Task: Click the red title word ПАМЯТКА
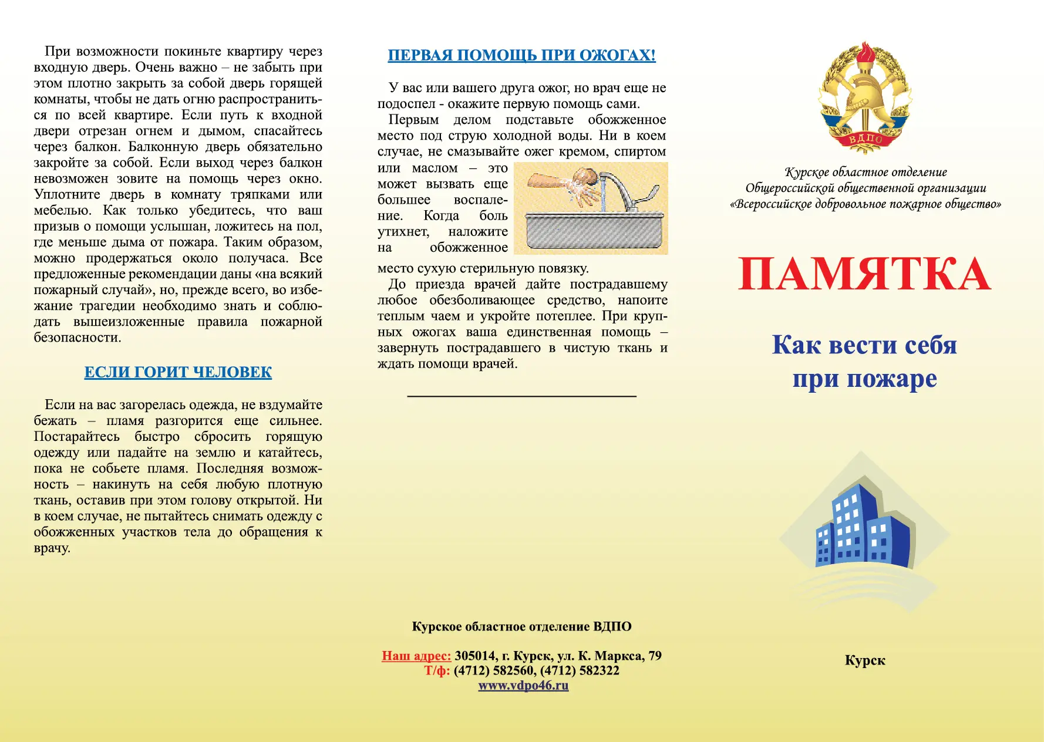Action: click(x=864, y=274)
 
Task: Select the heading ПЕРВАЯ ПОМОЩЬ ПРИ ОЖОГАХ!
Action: click(x=521, y=55)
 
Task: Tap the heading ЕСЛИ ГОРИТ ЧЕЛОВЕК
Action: click(x=178, y=372)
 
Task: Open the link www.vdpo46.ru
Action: click(x=523, y=685)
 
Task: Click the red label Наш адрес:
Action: click(x=416, y=656)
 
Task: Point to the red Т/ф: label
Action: click(x=437, y=670)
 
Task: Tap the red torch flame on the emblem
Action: click(x=865, y=53)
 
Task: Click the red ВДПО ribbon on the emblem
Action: click(x=865, y=140)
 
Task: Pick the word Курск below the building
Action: click(x=865, y=660)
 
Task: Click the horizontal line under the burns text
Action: click(x=521, y=396)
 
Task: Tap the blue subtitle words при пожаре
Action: click(x=864, y=379)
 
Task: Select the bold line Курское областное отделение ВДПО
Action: click(x=521, y=626)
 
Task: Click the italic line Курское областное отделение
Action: click(x=865, y=172)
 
